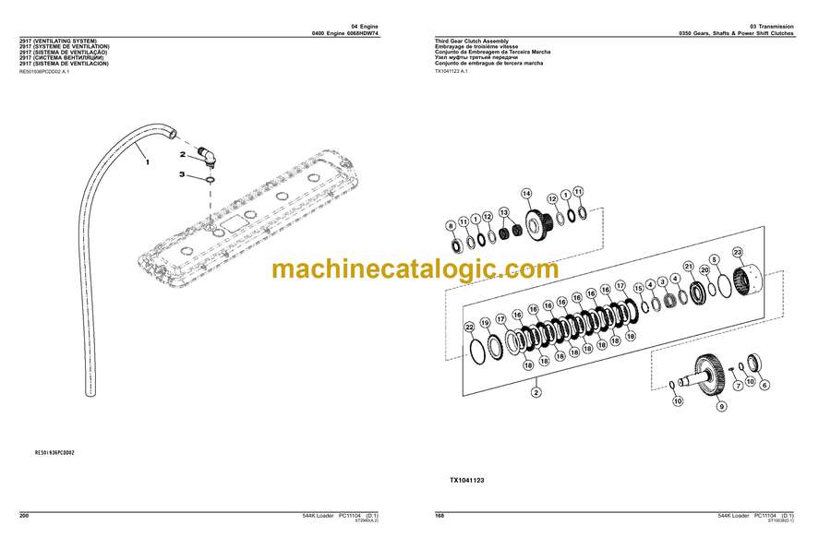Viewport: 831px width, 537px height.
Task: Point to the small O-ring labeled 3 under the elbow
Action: coord(211,177)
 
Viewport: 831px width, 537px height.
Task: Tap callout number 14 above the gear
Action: coord(526,193)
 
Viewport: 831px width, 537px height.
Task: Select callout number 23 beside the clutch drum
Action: coord(737,253)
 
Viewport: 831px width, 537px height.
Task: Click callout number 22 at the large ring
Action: coord(469,327)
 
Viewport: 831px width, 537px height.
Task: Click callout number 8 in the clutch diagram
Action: coord(451,225)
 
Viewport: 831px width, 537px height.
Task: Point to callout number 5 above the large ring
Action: coord(714,261)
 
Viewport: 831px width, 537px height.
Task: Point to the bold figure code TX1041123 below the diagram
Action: coord(467,480)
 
